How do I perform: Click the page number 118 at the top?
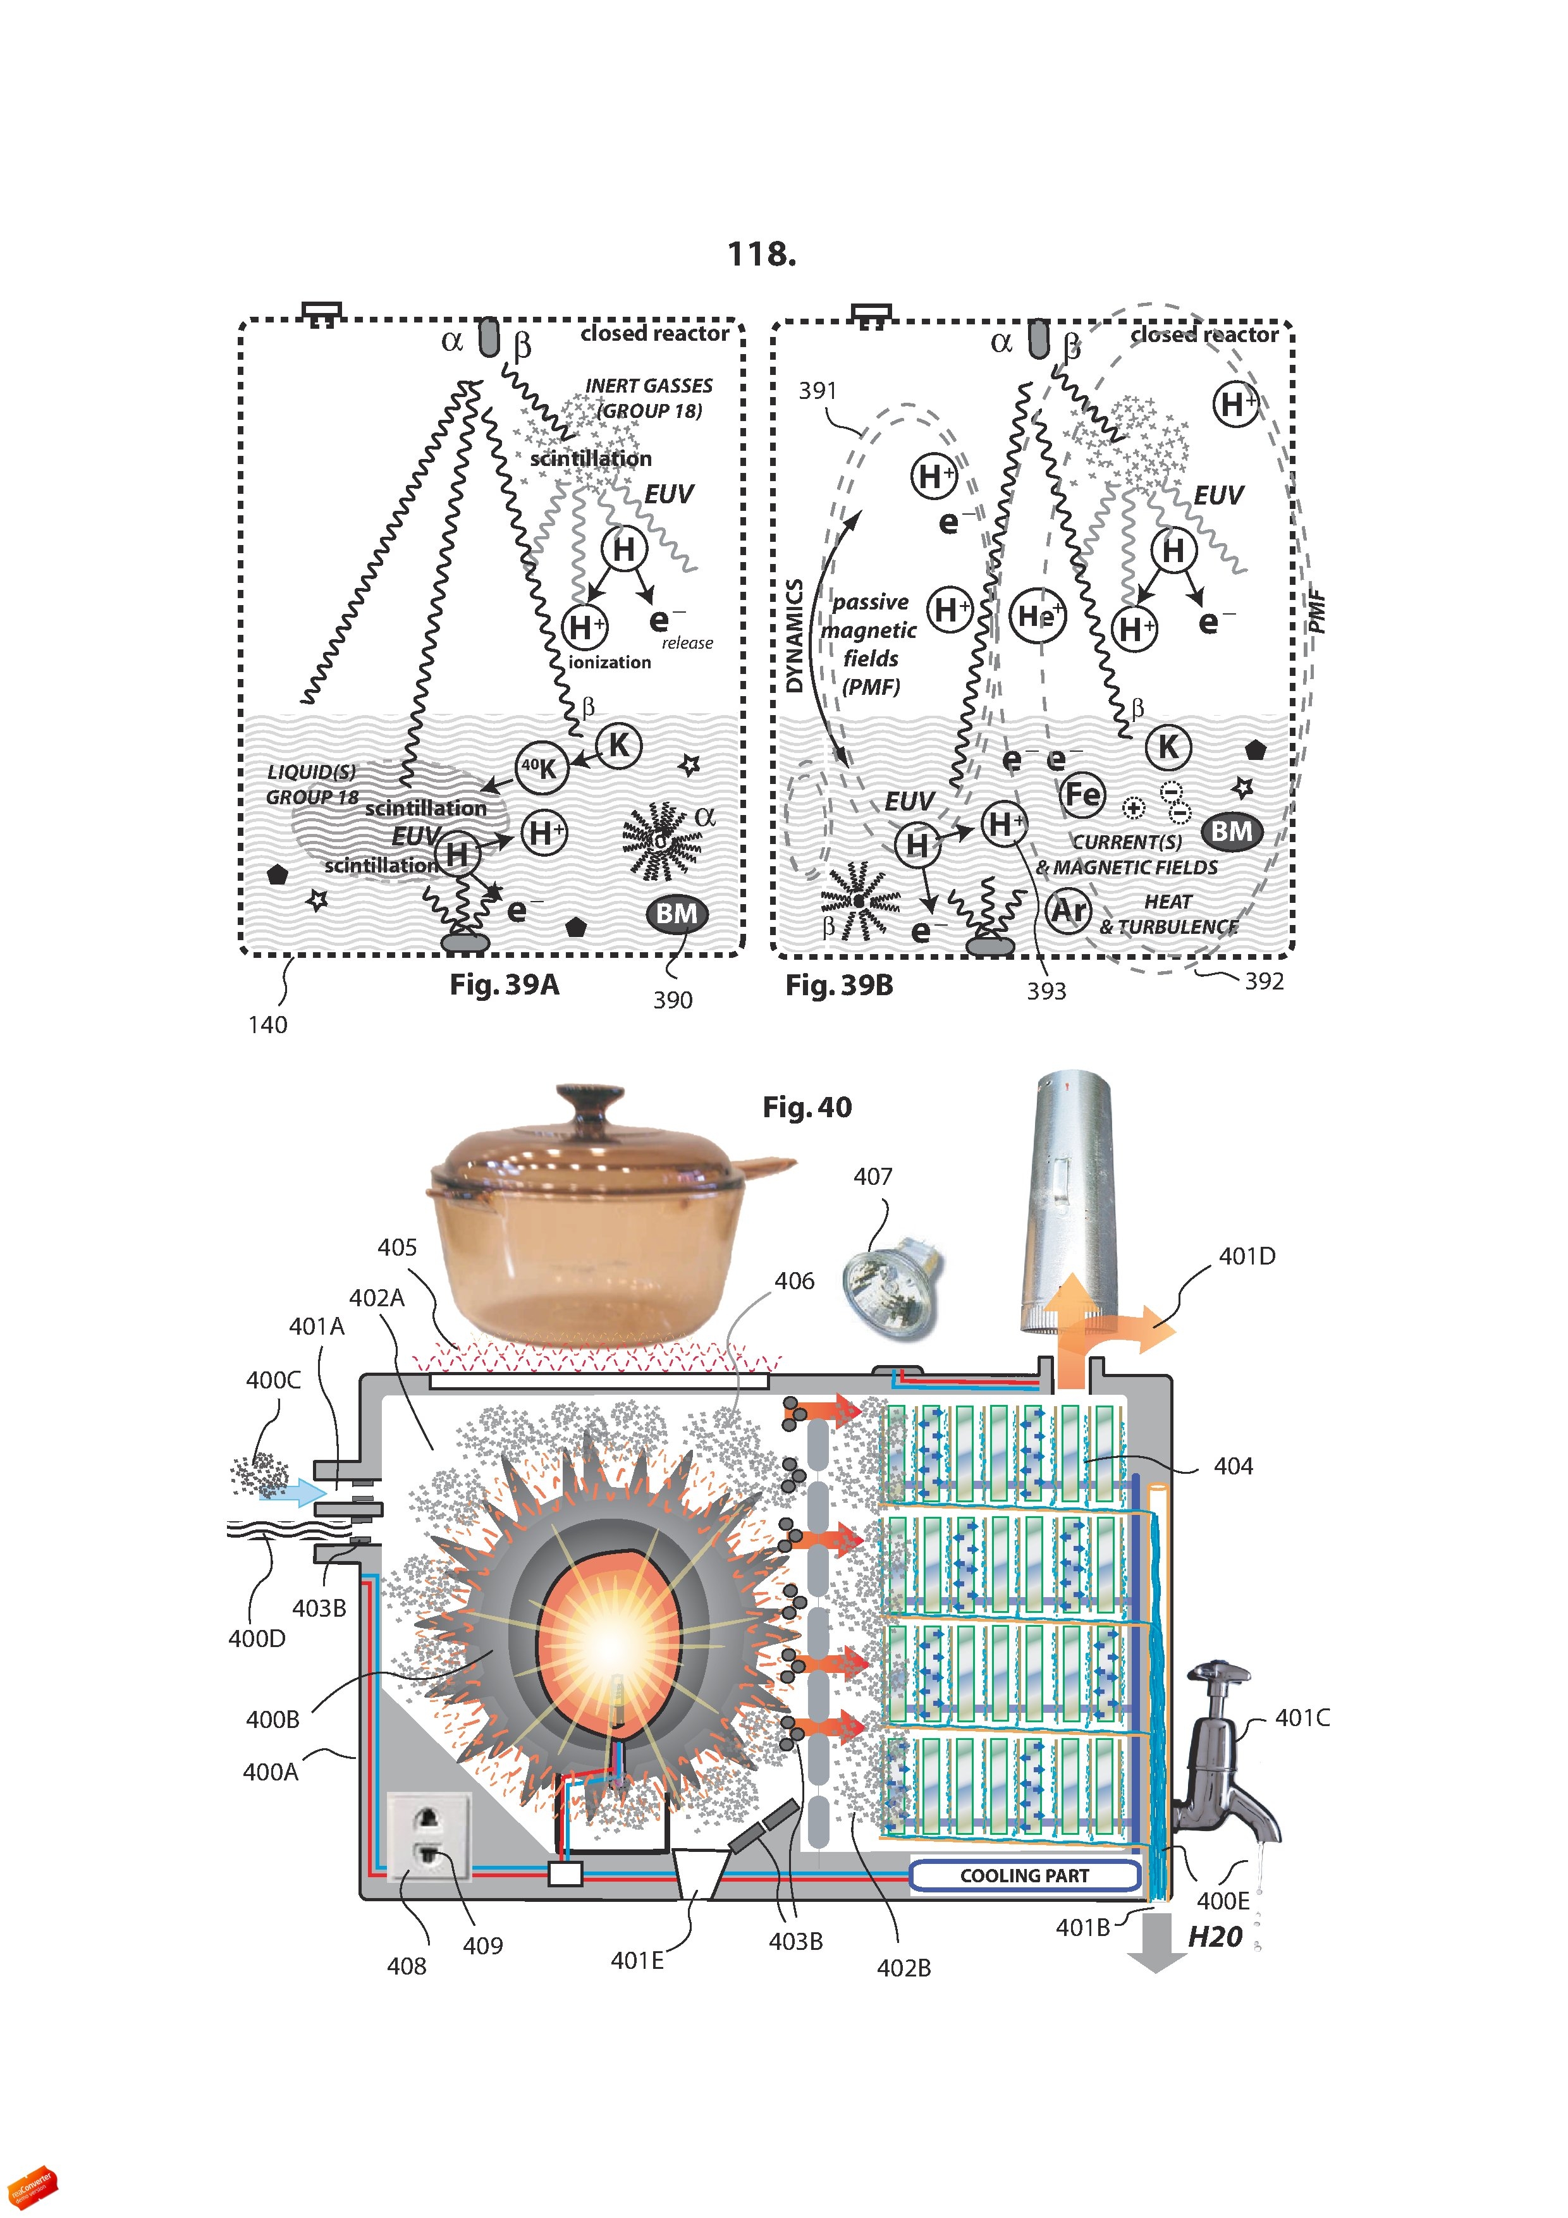coord(761,254)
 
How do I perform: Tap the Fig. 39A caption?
coord(505,984)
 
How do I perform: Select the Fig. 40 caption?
coord(807,1107)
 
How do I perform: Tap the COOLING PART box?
coord(1024,1875)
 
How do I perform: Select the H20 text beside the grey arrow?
coord(1215,1936)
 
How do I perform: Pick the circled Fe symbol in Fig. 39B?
coord(1082,794)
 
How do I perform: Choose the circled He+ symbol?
coord(1037,615)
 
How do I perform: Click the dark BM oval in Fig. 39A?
coord(677,914)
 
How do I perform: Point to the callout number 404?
coord(1233,1466)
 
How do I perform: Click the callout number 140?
coord(267,1025)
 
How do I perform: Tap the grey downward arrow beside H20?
coord(1156,1947)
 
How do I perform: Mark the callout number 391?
coord(818,390)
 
